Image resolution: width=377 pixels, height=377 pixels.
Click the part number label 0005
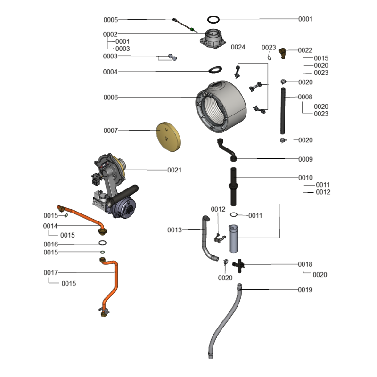click(111, 20)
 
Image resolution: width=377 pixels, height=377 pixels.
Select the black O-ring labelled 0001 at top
click(214, 19)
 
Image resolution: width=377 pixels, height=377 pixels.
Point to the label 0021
click(174, 170)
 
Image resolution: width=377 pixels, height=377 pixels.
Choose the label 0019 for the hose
click(305, 290)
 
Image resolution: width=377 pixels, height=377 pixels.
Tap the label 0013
click(174, 230)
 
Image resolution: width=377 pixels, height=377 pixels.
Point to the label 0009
click(305, 159)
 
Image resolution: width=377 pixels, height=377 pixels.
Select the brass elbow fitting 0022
click(282, 52)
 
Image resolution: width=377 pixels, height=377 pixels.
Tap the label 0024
click(238, 47)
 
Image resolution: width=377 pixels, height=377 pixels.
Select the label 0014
click(51, 226)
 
